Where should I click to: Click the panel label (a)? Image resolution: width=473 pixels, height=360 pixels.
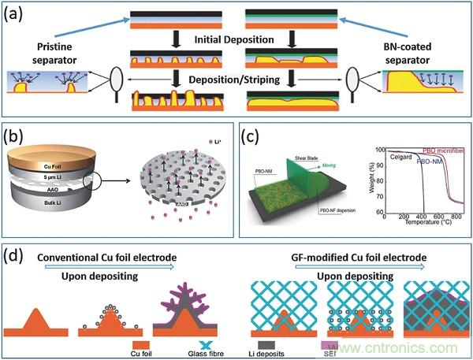(17, 13)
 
